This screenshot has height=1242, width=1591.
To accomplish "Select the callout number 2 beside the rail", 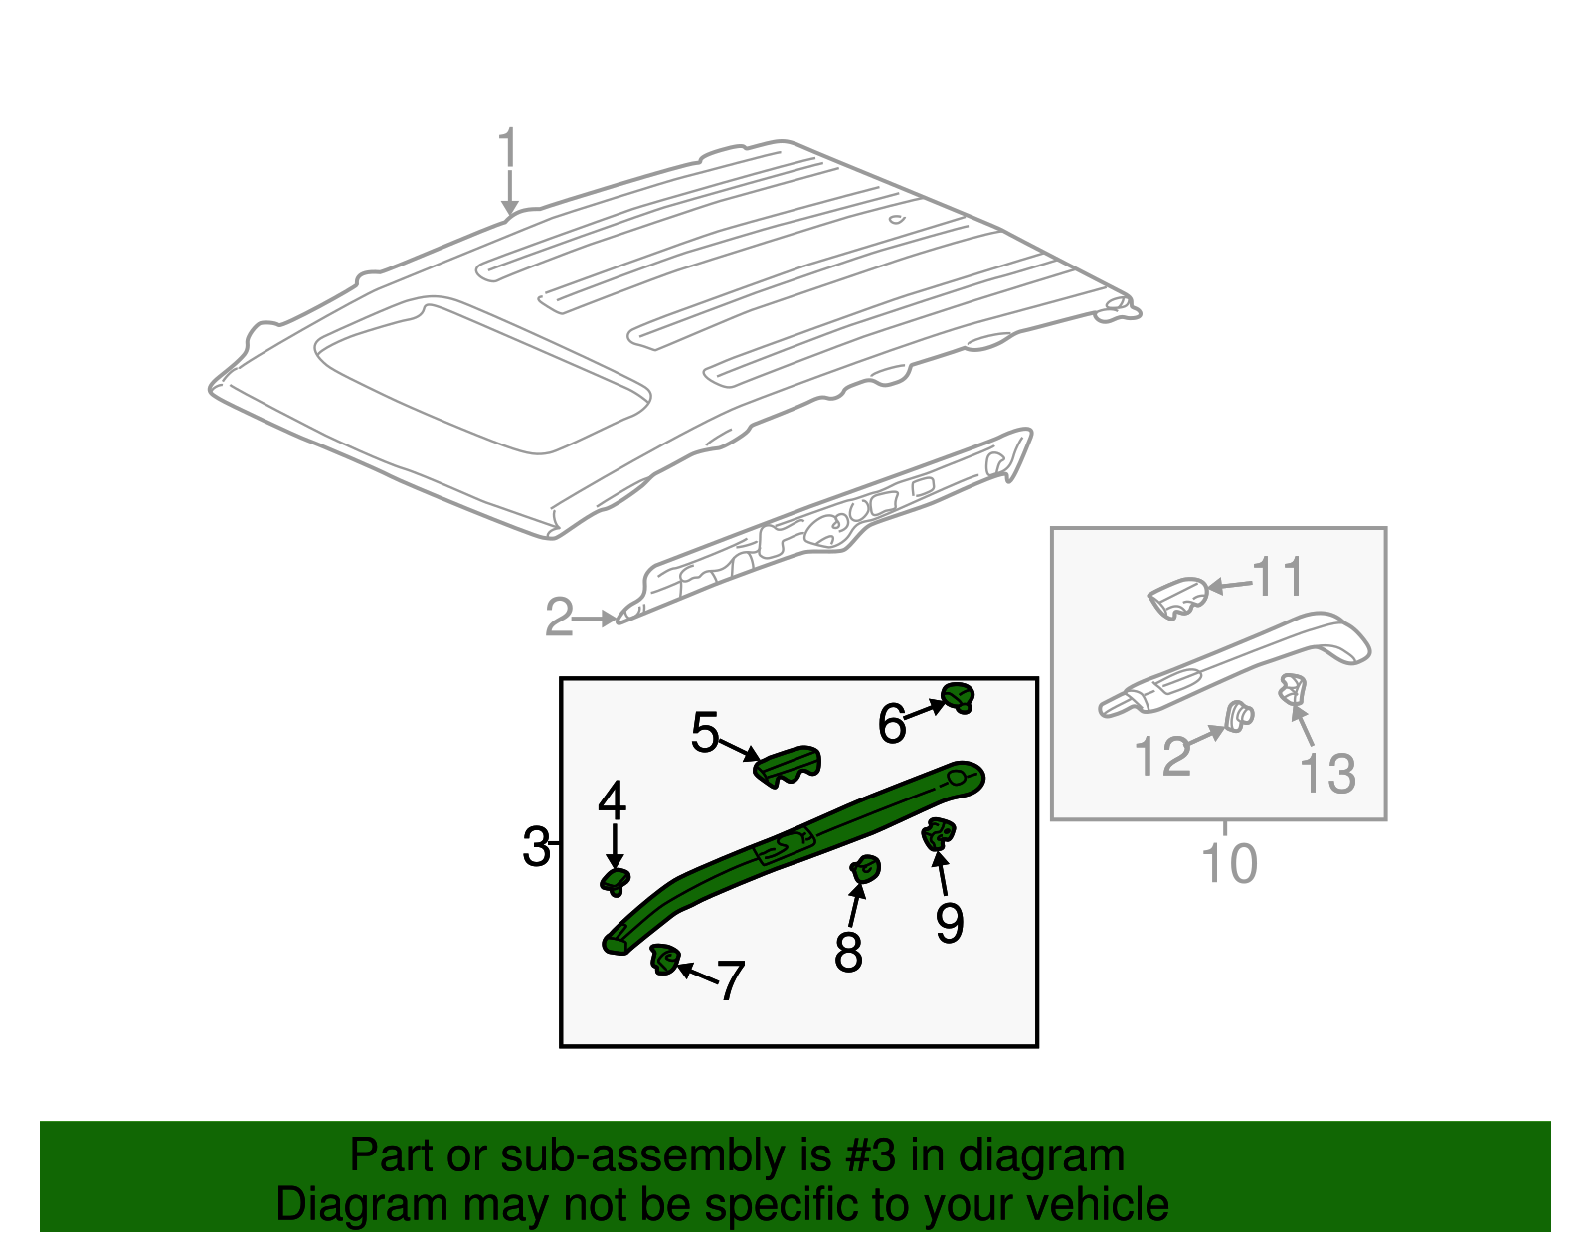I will click(559, 618).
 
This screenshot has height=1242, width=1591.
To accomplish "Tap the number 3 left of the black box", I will click(536, 847).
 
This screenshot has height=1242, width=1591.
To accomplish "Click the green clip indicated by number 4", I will click(616, 880).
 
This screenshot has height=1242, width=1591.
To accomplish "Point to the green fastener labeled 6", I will click(958, 697).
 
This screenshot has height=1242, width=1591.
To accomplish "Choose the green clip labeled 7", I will click(663, 960).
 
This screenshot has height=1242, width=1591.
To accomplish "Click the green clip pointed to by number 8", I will click(865, 869).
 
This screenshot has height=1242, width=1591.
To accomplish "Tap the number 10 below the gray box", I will click(1229, 863).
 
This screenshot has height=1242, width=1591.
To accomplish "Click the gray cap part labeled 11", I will click(1179, 596).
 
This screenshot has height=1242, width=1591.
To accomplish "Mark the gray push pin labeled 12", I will click(1237, 716).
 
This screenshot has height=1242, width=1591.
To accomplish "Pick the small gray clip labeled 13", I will click(1291, 687).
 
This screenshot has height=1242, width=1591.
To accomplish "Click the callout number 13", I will click(1327, 773).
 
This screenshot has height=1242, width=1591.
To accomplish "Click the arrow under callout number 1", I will click(509, 194).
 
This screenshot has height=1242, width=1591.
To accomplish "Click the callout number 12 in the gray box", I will click(1161, 756).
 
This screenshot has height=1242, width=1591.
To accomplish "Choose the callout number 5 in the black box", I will click(704, 733).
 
